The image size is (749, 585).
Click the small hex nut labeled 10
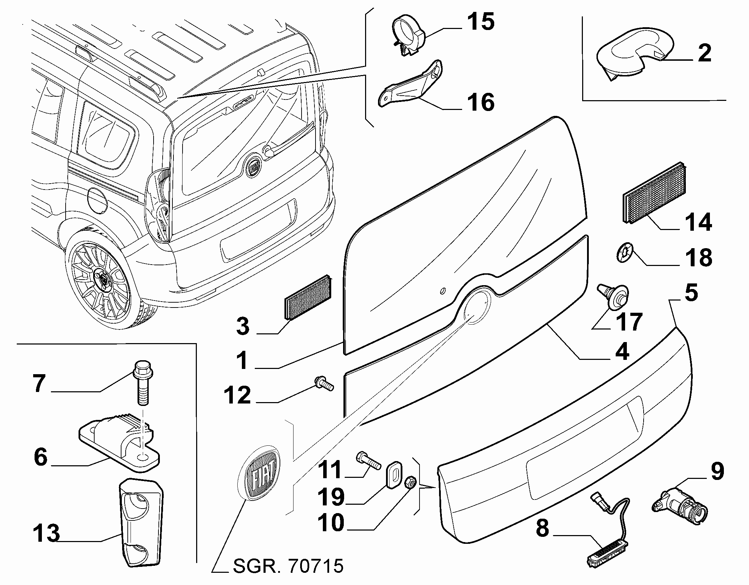(x=410, y=483)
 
